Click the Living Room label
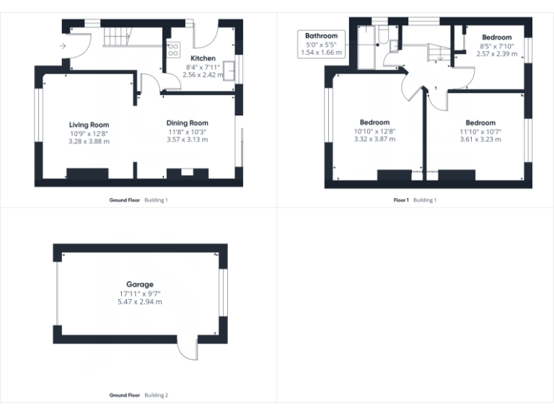[89, 125]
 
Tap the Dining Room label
[187, 123]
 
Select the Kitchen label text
[203, 58]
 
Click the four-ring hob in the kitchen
[173, 50]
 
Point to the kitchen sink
[229, 69]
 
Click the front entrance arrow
[63, 46]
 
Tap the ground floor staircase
[117, 37]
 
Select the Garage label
[140, 285]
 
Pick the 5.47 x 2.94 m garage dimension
[140, 302]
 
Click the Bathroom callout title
[321, 35]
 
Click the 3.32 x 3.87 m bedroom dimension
[374, 139]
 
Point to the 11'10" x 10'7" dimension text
[480, 131]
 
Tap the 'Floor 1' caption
[400, 200]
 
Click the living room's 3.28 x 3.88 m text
[89, 141]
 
